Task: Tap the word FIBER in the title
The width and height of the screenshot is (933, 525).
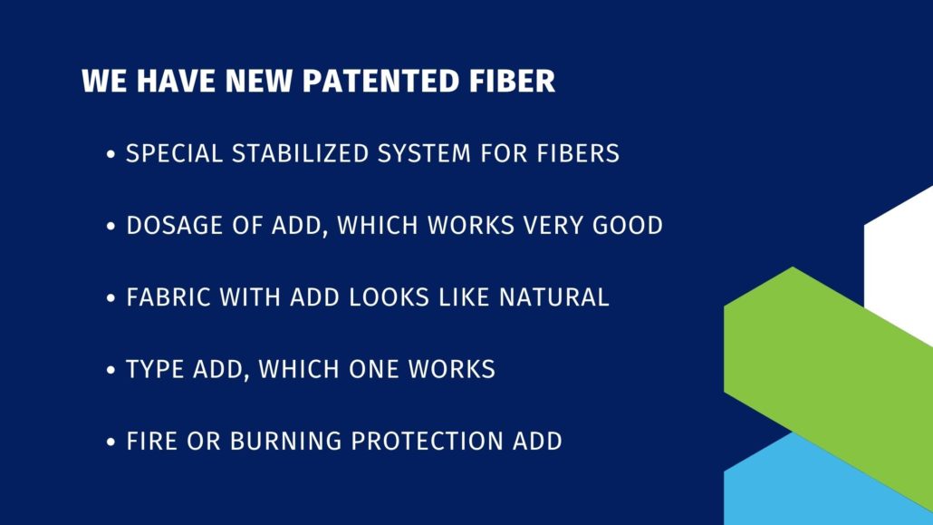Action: [x=513, y=81]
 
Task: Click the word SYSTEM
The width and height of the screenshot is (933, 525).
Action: [x=424, y=154]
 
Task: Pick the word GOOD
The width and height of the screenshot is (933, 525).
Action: [x=628, y=226]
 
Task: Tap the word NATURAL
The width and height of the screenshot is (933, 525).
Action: [x=554, y=297]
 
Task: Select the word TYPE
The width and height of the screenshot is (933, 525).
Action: [x=155, y=369]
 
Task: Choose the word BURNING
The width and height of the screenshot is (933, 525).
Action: [x=285, y=442]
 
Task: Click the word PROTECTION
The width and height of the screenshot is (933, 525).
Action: [x=427, y=442]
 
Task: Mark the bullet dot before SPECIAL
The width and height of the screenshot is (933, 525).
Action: [x=111, y=154]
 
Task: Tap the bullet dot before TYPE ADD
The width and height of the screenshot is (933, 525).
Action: [x=111, y=370]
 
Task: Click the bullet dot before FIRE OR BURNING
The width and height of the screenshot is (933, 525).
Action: [x=111, y=442]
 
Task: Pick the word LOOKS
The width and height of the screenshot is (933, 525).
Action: [x=390, y=297]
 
